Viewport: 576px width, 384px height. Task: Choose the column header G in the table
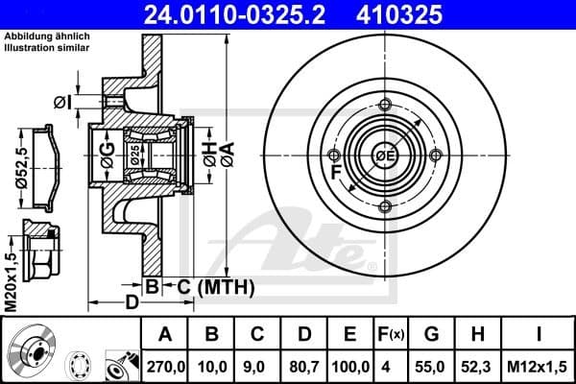click(432, 335)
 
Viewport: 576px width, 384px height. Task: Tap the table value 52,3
click(478, 365)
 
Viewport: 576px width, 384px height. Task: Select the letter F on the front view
click(334, 174)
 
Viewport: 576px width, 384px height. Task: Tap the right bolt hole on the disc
click(436, 156)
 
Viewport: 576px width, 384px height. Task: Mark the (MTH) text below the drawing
click(225, 286)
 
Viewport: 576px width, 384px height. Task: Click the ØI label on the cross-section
click(60, 101)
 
